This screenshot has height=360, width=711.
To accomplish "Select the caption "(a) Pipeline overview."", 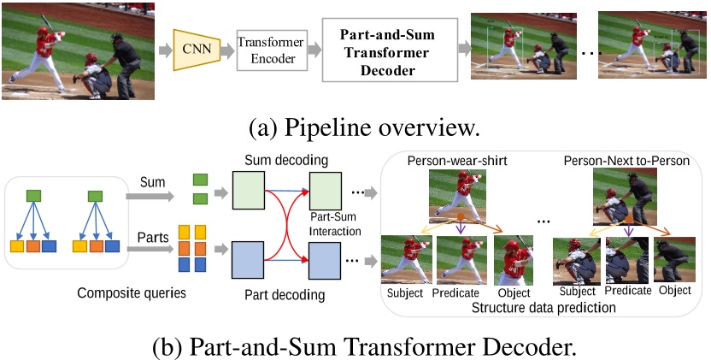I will click(x=353, y=127).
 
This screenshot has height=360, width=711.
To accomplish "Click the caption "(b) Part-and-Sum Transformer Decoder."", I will click(x=353, y=346).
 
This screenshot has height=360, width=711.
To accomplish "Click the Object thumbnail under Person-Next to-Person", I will click(x=674, y=260).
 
